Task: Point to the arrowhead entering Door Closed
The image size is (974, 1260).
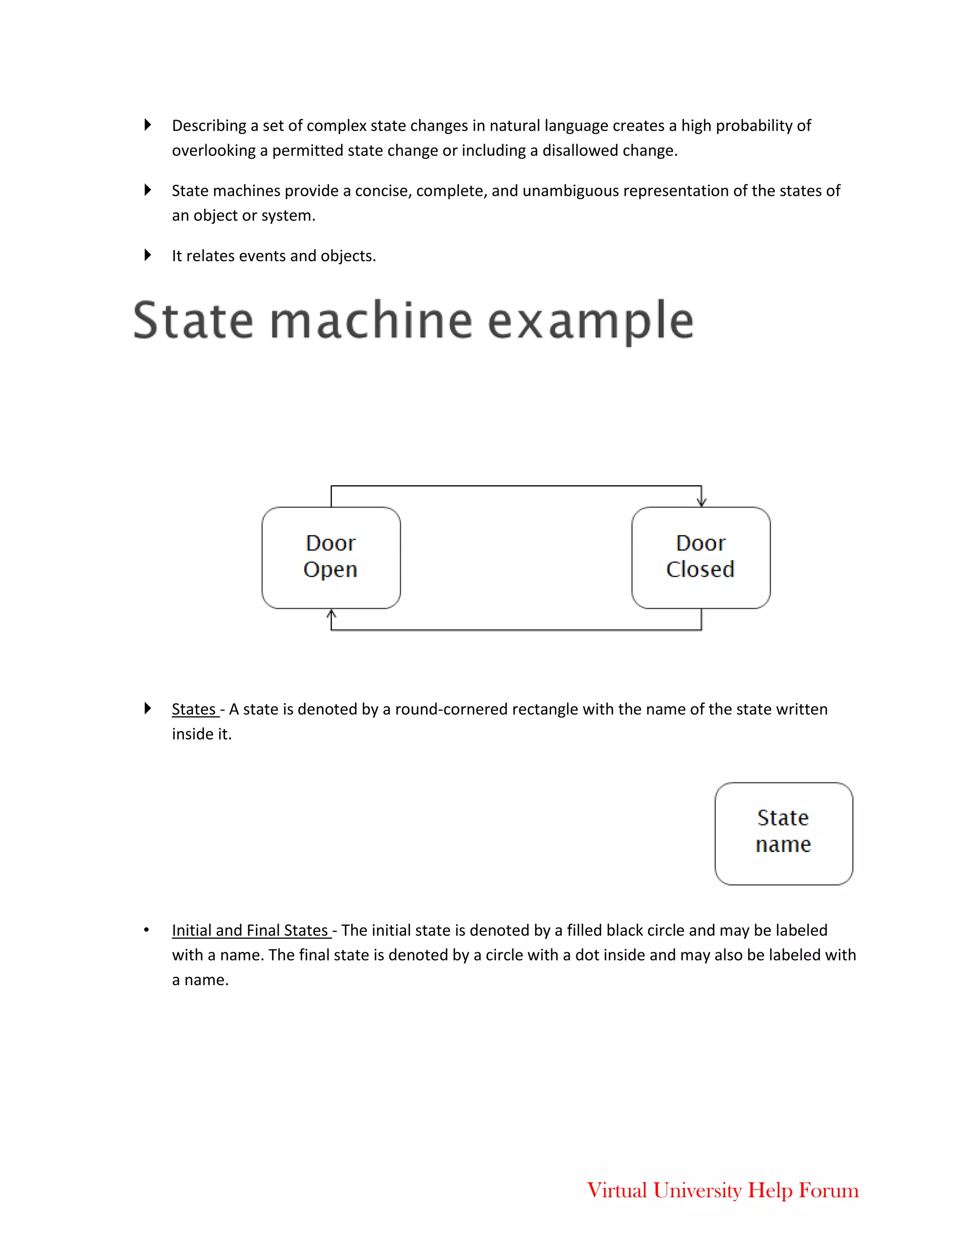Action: tap(701, 502)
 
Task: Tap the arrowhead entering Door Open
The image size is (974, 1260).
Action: tap(331, 613)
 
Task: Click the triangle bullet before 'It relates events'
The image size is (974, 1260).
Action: tap(148, 255)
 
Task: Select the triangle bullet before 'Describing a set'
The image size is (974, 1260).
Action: tap(148, 125)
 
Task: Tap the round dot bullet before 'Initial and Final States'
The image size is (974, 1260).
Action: tap(146, 930)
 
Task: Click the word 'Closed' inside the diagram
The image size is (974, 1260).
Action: tap(700, 570)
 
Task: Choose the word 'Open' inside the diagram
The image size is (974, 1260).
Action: tap(330, 570)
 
